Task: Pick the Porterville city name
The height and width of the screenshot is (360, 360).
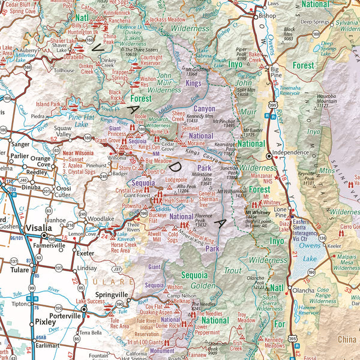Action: tap(64, 315)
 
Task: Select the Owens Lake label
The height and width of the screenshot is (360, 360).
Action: tap(309, 249)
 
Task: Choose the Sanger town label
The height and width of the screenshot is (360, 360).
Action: tap(20, 144)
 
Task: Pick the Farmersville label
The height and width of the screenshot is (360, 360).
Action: tap(49, 245)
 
